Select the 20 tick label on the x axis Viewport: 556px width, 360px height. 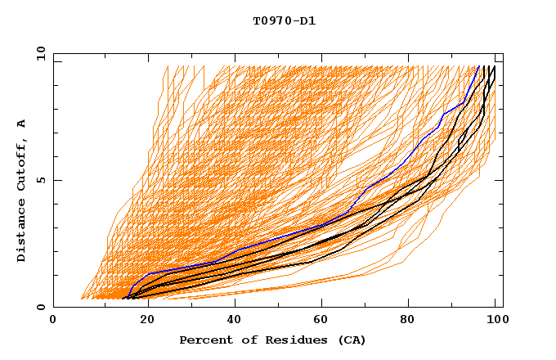click(x=142, y=320)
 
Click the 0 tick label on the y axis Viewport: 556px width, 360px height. click(x=41, y=308)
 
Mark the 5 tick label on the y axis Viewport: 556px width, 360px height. click(x=41, y=180)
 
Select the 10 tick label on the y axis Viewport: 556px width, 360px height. click(x=38, y=52)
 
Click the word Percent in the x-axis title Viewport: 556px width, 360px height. click(x=204, y=340)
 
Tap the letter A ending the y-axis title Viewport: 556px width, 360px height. click(x=21, y=123)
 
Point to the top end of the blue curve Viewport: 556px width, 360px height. click(x=478, y=67)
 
